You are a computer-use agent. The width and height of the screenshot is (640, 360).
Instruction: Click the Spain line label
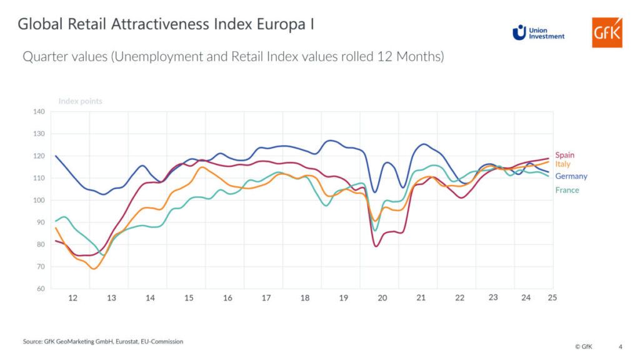tap(564, 155)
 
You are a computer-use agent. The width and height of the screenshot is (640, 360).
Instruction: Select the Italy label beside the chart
tap(562, 164)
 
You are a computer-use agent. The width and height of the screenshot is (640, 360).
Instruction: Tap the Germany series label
tap(571, 176)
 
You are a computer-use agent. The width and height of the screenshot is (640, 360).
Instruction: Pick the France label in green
tap(567, 190)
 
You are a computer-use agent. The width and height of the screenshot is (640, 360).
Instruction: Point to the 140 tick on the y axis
tap(39, 112)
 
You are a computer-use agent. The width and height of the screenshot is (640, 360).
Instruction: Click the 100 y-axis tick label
tap(39, 201)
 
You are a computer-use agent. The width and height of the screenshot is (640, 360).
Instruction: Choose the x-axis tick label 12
tap(72, 298)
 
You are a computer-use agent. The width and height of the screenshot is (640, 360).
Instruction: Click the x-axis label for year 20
tap(382, 298)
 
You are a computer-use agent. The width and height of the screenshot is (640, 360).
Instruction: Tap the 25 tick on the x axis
tap(552, 297)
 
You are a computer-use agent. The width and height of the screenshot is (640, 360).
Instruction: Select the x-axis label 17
tap(266, 298)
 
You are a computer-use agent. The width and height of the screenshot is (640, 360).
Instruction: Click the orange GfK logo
tap(607, 32)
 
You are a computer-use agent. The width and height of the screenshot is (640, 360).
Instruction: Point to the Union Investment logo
tap(538, 32)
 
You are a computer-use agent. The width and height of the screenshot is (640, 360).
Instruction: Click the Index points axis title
tap(80, 101)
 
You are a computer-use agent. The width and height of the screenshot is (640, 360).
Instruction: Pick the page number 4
tap(620, 346)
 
